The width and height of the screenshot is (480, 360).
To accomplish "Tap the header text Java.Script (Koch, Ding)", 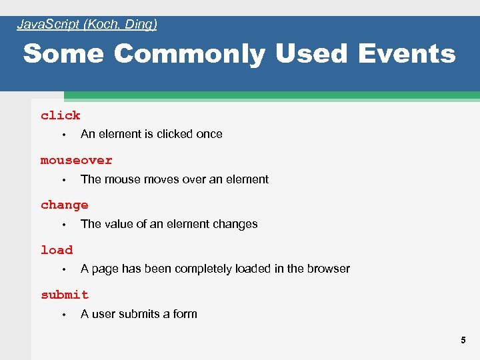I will click(x=87, y=25).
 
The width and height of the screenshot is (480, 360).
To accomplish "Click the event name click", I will click(x=60, y=115).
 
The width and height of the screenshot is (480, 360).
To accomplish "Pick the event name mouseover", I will click(x=76, y=160).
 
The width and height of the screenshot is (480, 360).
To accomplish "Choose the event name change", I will click(x=64, y=205).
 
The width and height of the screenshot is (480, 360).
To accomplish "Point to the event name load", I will click(x=57, y=250).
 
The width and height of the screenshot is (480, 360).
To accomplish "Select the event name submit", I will click(x=64, y=295).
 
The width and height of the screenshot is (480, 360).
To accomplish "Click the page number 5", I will click(x=463, y=341).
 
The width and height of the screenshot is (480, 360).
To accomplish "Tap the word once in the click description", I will click(x=209, y=134).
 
